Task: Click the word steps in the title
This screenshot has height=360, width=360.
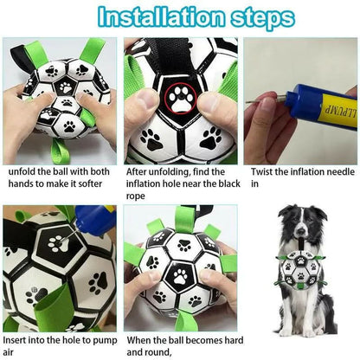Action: tap(263, 18)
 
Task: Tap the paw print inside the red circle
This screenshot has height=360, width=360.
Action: tap(181, 99)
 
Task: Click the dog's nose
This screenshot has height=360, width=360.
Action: tap(301, 230)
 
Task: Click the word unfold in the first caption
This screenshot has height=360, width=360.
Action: tap(22, 171)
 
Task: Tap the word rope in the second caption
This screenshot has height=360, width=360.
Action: tap(135, 196)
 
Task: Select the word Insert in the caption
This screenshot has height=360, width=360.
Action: tap(15, 340)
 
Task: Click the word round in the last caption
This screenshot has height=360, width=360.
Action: tap(157, 352)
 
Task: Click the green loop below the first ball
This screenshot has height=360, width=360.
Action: tap(61, 151)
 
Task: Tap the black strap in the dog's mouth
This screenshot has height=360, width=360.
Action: tap(301, 244)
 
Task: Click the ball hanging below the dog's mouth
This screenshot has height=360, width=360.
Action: tap(300, 269)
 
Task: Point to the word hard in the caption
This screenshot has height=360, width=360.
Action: tap(234, 340)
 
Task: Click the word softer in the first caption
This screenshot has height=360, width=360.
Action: tap(90, 184)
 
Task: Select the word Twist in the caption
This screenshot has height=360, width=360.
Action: tap(261, 172)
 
